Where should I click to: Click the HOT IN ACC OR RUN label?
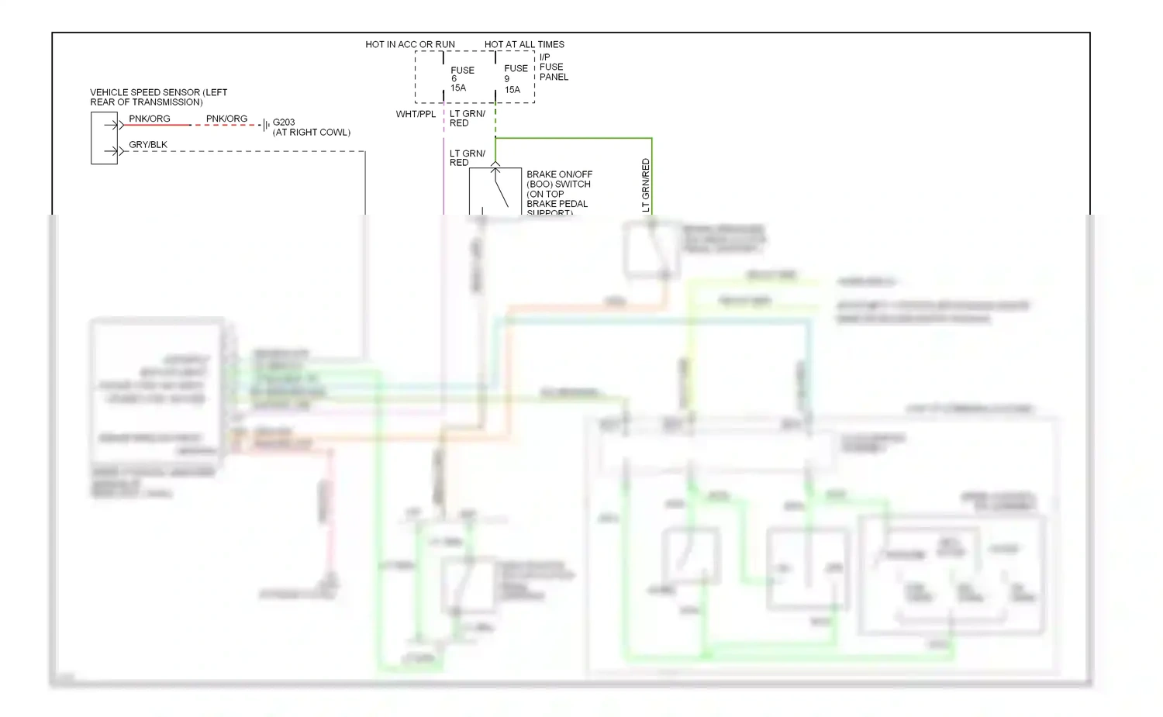point(410,44)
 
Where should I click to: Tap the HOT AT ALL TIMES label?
point(524,44)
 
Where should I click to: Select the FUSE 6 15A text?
point(461,78)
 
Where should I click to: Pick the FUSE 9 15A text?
point(516,79)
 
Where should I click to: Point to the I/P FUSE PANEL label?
point(554,67)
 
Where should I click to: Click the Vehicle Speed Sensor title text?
point(158,97)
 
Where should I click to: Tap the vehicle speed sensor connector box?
point(104,138)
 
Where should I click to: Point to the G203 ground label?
point(284,122)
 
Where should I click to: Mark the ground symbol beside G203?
point(266,125)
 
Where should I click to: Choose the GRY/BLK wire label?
point(148,145)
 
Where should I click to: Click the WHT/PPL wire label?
point(416,114)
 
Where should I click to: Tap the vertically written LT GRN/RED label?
point(646,185)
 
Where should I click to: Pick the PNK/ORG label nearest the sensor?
point(150,119)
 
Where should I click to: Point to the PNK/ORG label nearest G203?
point(226,119)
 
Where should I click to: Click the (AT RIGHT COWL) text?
point(312,133)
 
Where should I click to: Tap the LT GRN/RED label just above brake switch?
point(468,158)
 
